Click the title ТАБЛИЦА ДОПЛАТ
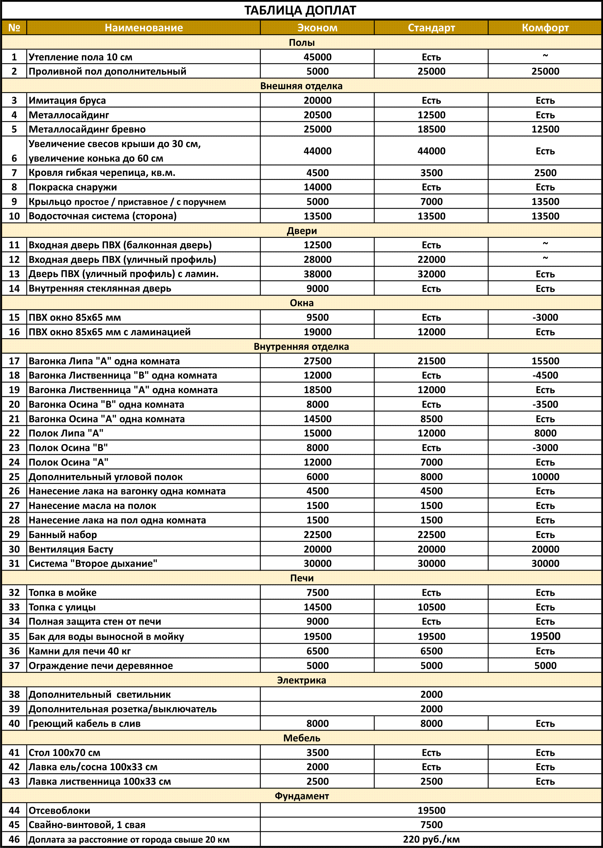[x=300, y=10]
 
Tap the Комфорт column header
[x=545, y=28]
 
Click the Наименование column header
[x=144, y=28]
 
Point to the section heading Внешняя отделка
[x=301, y=86]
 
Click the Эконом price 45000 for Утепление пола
[x=318, y=57]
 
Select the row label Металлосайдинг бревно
[x=87, y=129]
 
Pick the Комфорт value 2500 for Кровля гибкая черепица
[x=545, y=173]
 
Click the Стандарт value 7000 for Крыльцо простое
[x=431, y=202]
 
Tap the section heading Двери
[x=301, y=231]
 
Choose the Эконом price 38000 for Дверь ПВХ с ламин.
[x=318, y=274]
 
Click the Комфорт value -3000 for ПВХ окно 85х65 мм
[x=545, y=318]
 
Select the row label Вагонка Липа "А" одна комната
[x=104, y=361]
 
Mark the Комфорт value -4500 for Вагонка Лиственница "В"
[x=545, y=375]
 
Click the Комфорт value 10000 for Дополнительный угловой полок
[x=545, y=477]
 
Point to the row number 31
[x=14, y=564]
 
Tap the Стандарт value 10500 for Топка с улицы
[x=431, y=607]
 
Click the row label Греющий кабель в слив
[x=85, y=723]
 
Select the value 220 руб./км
[x=431, y=839]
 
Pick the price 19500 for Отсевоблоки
[x=431, y=810]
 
